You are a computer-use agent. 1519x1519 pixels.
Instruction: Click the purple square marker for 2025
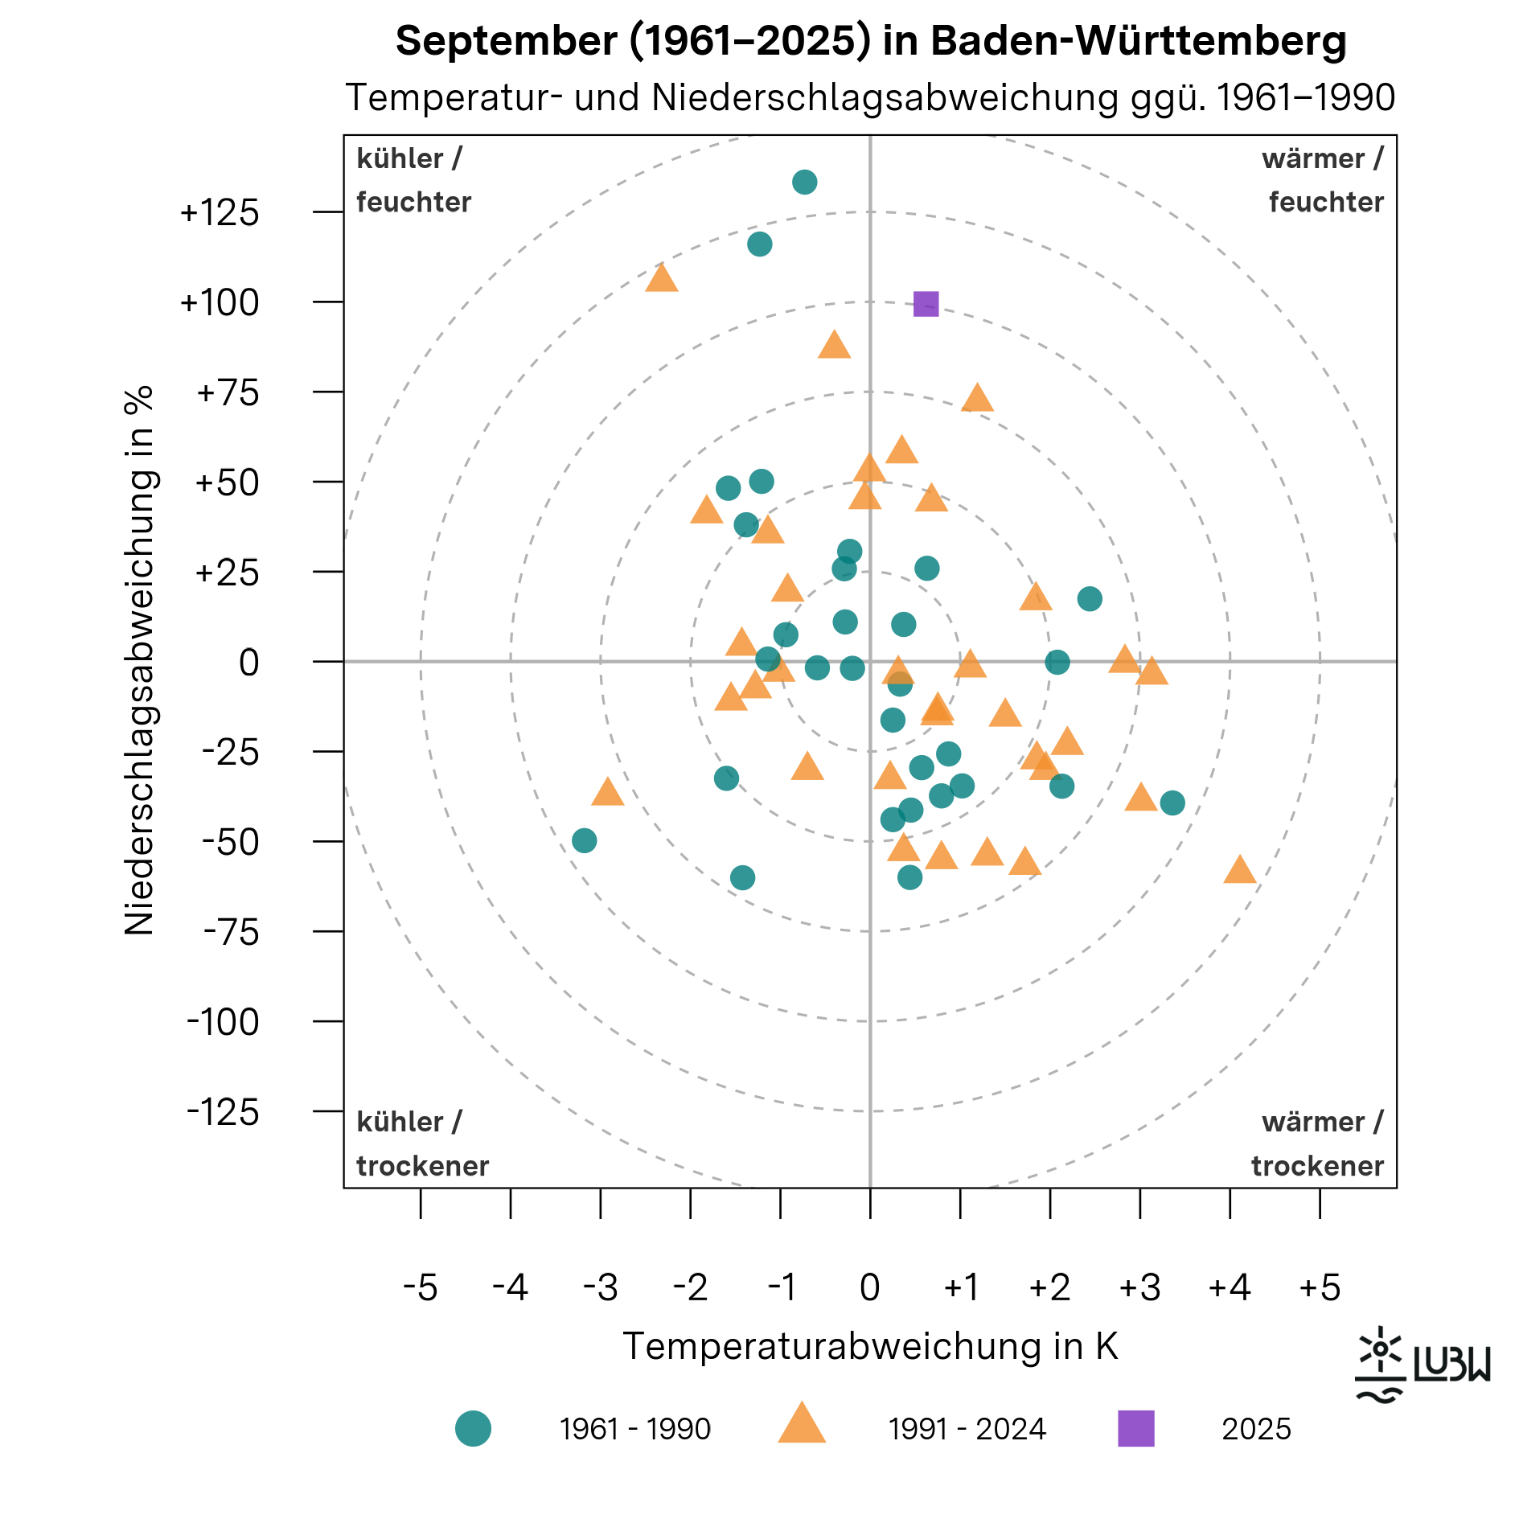coord(926,304)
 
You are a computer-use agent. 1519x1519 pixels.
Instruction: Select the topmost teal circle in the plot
coord(804,183)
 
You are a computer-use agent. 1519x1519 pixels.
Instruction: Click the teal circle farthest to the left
coord(584,841)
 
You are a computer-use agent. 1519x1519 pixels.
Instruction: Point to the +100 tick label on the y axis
coord(220,303)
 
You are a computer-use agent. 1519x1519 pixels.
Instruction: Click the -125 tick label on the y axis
coord(223,1113)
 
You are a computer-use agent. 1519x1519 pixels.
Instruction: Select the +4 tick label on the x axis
coord(1230,1287)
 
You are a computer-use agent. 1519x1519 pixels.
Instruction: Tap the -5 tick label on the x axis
coord(420,1287)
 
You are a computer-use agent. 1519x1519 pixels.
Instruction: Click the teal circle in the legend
coord(473,1428)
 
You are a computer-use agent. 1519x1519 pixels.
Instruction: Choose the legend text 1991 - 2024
coord(967,1429)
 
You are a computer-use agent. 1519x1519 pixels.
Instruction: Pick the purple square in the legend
coord(1135,1428)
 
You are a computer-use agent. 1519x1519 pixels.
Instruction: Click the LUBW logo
coord(1422,1365)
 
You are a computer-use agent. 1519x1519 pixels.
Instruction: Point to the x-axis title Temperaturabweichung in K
coord(870,1346)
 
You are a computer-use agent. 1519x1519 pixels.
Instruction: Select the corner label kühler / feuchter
coord(413,180)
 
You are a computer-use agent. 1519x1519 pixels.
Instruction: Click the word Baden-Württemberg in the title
coord(1138,41)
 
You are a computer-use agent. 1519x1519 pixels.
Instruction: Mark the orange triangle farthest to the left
coord(608,793)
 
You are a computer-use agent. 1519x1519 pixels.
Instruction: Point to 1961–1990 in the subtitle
coord(1306,98)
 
